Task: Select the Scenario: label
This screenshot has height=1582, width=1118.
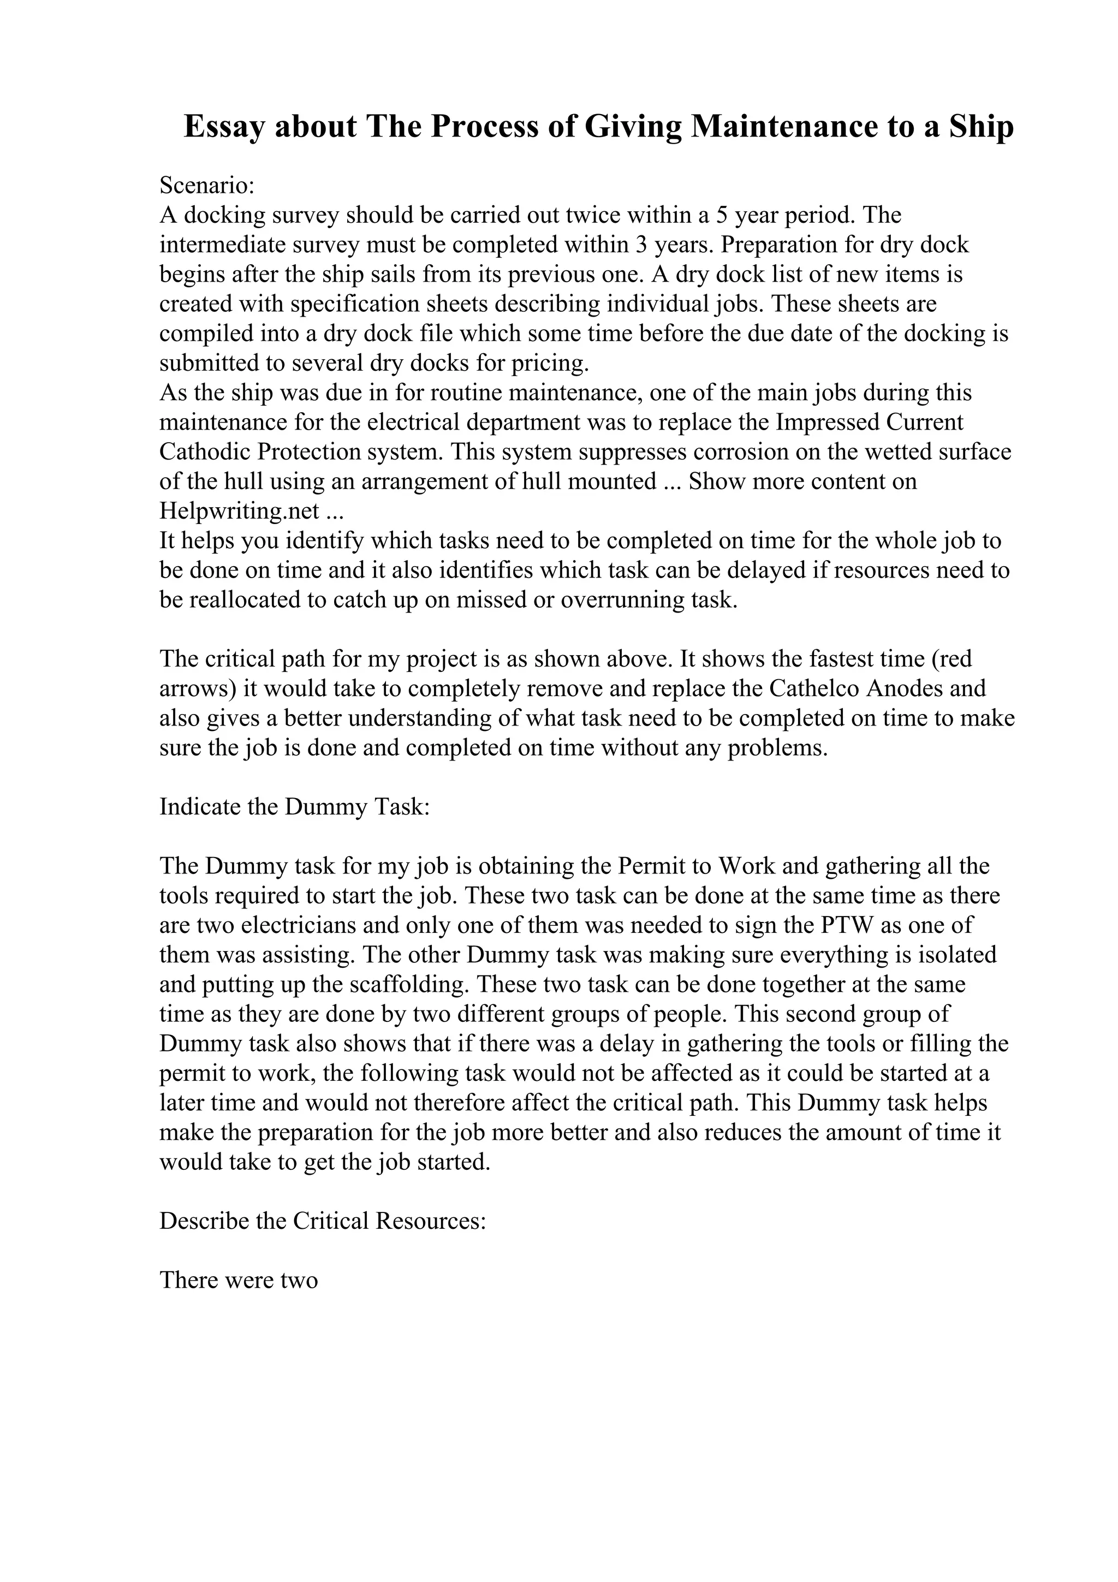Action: click(207, 186)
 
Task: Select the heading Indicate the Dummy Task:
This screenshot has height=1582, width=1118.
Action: click(295, 807)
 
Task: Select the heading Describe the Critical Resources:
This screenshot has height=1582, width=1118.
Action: click(323, 1221)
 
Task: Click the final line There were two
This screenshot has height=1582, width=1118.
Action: click(239, 1280)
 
